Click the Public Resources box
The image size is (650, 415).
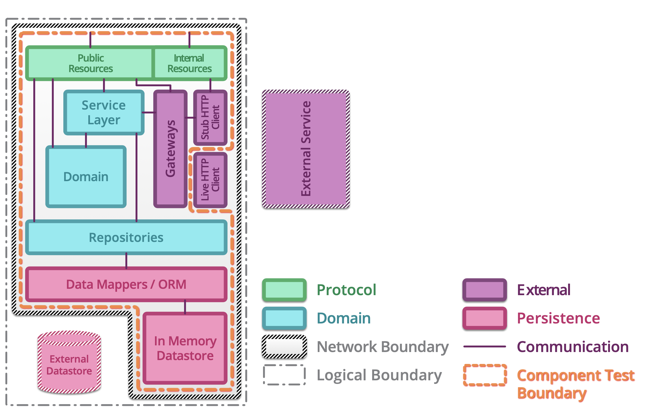(91, 63)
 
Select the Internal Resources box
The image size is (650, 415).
(189, 63)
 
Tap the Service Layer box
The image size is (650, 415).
(104, 112)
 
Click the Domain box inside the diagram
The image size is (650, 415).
(86, 177)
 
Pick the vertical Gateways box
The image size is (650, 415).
(170, 149)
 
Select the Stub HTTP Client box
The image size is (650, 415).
(210, 117)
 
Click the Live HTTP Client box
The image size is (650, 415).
(210, 180)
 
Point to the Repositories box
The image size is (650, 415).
(126, 237)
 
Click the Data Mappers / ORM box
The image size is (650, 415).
(126, 284)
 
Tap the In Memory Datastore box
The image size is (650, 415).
(185, 348)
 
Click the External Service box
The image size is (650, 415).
(306, 149)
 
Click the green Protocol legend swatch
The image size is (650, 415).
(284, 290)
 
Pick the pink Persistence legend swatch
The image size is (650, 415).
(484, 318)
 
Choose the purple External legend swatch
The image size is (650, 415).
(484, 290)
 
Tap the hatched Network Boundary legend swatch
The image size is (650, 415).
(284, 346)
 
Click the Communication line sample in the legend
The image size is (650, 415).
(484, 346)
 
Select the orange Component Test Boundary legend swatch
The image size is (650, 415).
(484, 375)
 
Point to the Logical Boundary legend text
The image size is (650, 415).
(379, 375)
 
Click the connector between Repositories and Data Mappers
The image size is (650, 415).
(126, 261)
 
